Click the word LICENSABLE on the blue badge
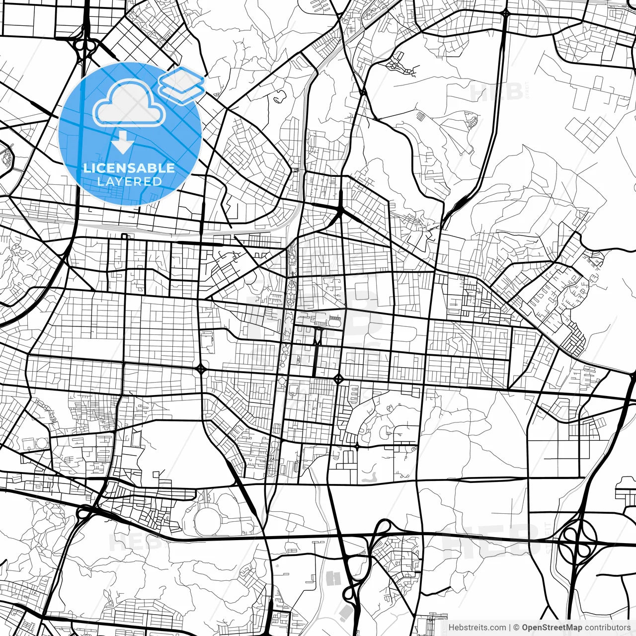pos(129,168)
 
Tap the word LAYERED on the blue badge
pos(129,181)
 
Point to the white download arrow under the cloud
pos(122,143)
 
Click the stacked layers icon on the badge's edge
pos(182,84)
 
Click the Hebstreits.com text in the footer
pos(477,628)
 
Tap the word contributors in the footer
pos(607,628)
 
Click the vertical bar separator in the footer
pos(510,628)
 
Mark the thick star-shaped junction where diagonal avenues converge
pos(341,211)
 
